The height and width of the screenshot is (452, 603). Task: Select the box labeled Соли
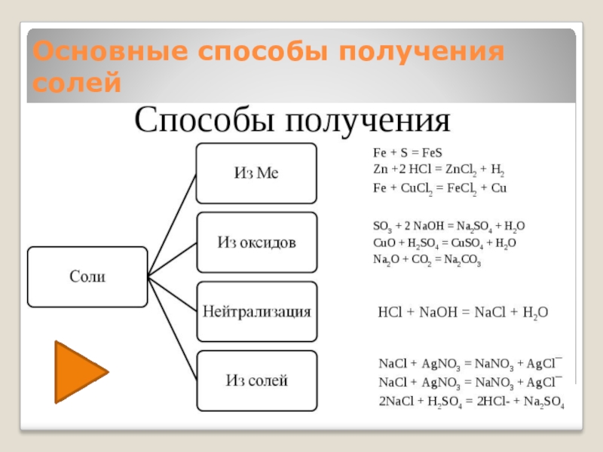[x=87, y=276]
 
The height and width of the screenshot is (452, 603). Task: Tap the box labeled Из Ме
[x=256, y=173]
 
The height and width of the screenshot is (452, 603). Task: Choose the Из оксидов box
[x=256, y=243]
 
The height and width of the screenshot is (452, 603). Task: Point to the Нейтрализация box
[x=256, y=311]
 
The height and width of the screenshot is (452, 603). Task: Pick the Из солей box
[x=256, y=380]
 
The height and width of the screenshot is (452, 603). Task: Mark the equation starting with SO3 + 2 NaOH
[x=449, y=226]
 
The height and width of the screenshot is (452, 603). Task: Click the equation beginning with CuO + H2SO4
[x=445, y=243]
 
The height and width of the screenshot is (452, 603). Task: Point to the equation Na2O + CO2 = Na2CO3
[x=427, y=260]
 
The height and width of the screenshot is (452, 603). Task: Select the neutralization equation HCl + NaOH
[x=462, y=312]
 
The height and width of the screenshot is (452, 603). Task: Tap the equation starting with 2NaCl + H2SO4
[x=471, y=402]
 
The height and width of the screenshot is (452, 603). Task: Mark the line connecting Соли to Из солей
[x=173, y=328]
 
